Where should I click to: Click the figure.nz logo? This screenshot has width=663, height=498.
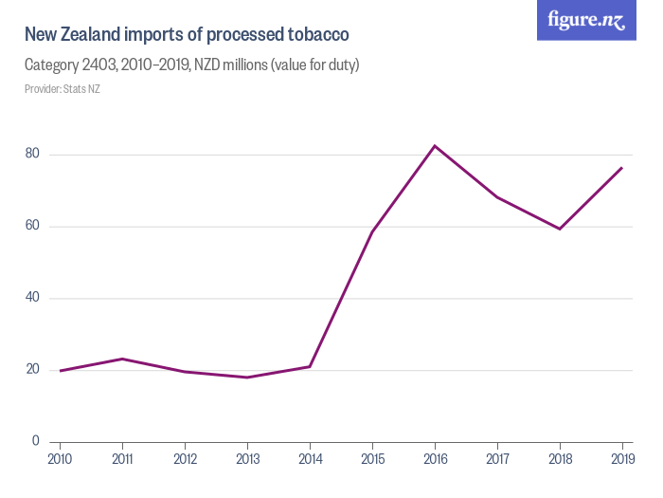click(586, 21)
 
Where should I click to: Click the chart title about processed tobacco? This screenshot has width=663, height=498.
click(187, 35)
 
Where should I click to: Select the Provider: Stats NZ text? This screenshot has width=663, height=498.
click(62, 89)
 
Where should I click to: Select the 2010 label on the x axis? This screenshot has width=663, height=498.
click(60, 461)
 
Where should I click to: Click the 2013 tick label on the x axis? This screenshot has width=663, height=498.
click(247, 461)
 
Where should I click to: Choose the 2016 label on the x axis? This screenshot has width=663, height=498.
click(435, 461)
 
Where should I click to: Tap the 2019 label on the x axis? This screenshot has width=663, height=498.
click(621, 461)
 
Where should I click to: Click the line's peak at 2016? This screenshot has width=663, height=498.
click(435, 145)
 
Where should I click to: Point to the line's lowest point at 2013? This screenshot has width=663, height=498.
click(247, 378)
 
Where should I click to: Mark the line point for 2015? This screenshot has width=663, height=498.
click(372, 231)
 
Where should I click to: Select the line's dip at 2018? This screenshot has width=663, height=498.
click(560, 229)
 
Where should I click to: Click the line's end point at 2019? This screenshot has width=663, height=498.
click(622, 167)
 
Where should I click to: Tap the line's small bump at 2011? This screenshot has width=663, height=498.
click(122, 359)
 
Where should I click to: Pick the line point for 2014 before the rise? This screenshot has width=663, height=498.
click(310, 366)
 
